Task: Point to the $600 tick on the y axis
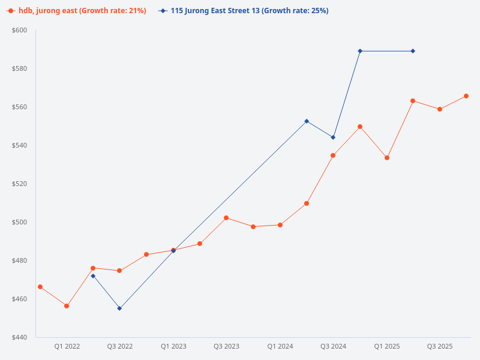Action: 20,30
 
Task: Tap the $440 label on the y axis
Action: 20,337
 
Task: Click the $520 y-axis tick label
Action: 20,184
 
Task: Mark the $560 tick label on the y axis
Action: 20,107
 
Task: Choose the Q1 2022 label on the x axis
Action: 67,346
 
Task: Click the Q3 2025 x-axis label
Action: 440,346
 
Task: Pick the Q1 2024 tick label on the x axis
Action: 280,346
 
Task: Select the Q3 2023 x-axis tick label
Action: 226,346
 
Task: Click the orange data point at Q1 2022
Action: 67,306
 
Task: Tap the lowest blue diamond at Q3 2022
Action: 119,308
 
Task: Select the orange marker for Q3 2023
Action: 226,218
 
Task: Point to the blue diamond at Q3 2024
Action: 333,137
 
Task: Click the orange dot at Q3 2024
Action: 333,155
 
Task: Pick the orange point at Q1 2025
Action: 387,158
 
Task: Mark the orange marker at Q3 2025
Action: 440,109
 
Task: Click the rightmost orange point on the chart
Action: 466,96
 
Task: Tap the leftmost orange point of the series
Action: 40,287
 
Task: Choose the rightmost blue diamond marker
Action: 413,51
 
